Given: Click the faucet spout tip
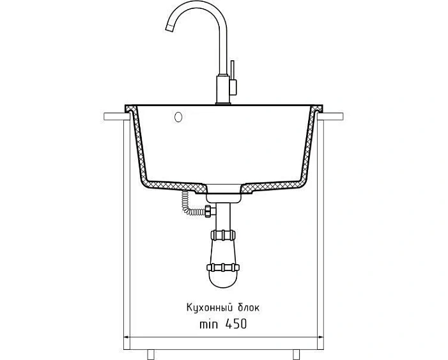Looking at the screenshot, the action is (x=169, y=27).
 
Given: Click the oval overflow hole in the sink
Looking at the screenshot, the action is (x=178, y=117).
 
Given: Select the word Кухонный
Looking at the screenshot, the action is (x=209, y=308).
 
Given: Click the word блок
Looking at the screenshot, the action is (x=249, y=308).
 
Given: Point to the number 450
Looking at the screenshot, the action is (x=236, y=324).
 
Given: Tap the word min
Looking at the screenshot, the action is (x=209, y=325).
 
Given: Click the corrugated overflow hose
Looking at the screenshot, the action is (x=192, y=205).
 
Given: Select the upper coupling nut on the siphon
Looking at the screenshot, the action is (x=223, y=235).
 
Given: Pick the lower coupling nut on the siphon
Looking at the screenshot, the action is (x=223, y=268).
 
